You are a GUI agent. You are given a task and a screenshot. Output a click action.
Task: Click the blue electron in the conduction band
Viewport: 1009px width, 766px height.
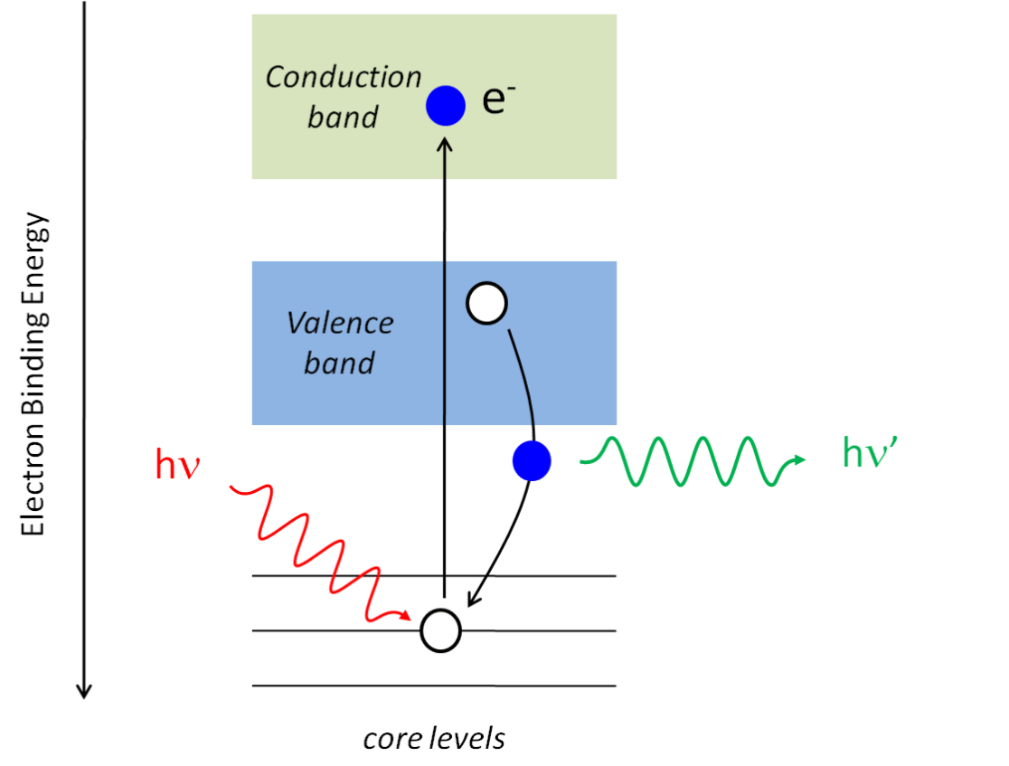(446, 105)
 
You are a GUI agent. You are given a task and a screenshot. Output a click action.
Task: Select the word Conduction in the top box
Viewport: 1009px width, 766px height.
(344, 78)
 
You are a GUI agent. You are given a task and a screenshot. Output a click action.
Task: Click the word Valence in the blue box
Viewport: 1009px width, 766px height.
(340, 323)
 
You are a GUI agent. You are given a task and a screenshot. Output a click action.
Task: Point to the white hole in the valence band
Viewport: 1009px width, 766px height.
(486, 304)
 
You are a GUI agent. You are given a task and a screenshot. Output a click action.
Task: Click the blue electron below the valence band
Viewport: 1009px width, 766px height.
(531, 461)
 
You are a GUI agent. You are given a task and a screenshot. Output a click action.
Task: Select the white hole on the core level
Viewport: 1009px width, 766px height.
(441, 630)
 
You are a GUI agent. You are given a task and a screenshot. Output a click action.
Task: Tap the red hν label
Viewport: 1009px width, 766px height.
(176, 466)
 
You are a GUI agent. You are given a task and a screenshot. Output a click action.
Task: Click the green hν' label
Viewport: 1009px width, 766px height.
(868, 452)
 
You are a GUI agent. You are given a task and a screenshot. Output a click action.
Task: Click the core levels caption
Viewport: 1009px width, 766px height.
(434, 739)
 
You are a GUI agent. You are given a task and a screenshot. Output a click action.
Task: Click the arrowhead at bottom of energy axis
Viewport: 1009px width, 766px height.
(84, 691)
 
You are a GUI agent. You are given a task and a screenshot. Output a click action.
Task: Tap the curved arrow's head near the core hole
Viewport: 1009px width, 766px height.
(470, 602)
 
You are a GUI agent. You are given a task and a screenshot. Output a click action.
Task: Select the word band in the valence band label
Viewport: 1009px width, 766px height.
(339, 364)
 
